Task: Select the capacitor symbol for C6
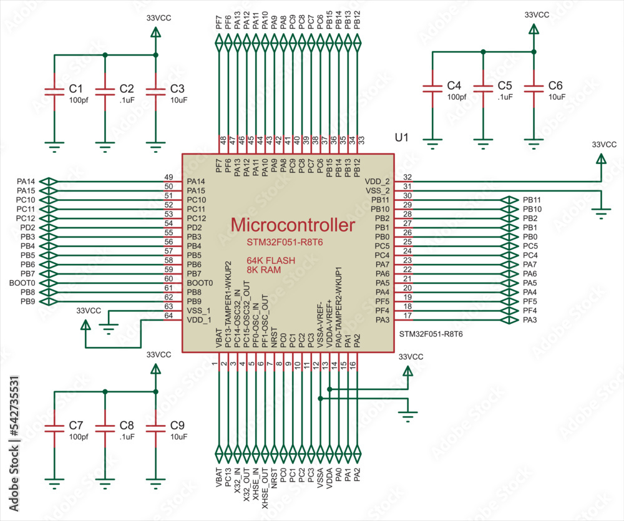coord(533,88)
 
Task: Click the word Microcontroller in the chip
coord(293,225)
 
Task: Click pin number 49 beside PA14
coord(168,177)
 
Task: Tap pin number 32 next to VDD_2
coord(407,177)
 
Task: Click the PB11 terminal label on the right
coord(532,200)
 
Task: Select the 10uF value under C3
coord(178,100)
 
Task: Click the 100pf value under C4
coord(456,97)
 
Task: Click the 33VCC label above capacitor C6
coord(537,14)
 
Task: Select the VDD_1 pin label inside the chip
coord(199,320)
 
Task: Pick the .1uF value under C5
coord(505,97)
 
